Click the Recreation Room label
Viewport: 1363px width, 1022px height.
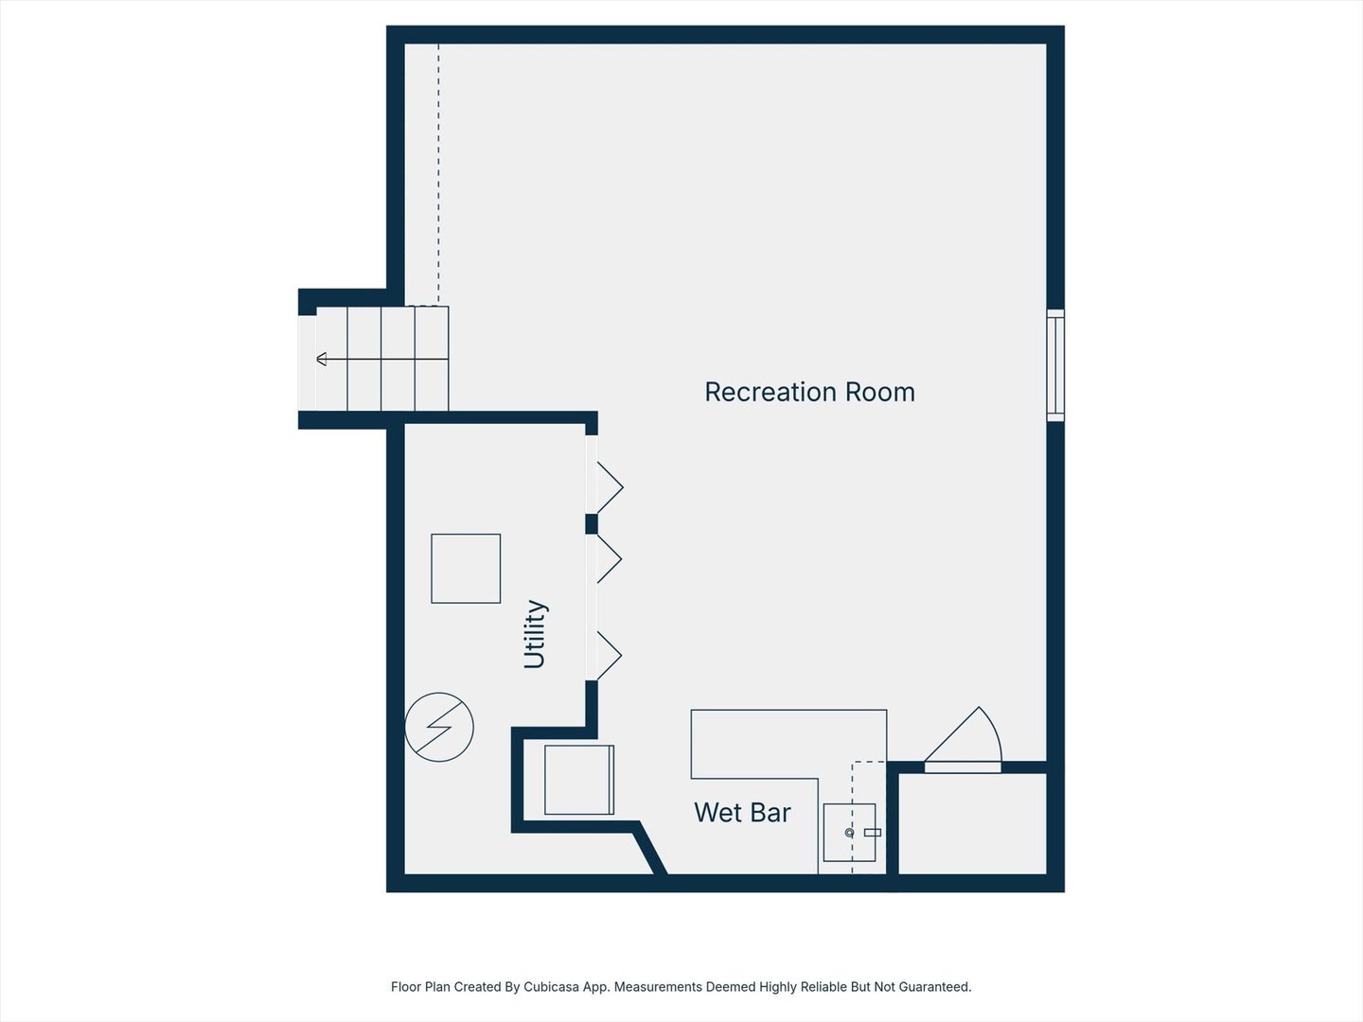pos(809,392)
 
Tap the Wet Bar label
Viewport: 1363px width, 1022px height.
pos(742,813)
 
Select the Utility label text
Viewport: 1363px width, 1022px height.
pos(535,634)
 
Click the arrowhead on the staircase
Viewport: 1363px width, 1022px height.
pos(322,359)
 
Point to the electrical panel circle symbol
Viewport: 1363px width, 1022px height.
pos(439,727)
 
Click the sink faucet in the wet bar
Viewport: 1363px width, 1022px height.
pos(850,833)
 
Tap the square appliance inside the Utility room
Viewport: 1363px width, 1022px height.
pos(466,569)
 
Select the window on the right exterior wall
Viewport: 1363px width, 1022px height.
pos(1055,364)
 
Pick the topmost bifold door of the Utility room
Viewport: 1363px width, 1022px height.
pos(606,487)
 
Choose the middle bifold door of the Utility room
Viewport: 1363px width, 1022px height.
pos(606,559)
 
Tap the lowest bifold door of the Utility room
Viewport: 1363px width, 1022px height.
pos(606,655)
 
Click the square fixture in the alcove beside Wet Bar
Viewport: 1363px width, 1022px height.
pos(579,780)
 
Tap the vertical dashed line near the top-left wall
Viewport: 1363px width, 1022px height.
pos(438,170)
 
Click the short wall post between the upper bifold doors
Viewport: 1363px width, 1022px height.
pos(592,524)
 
